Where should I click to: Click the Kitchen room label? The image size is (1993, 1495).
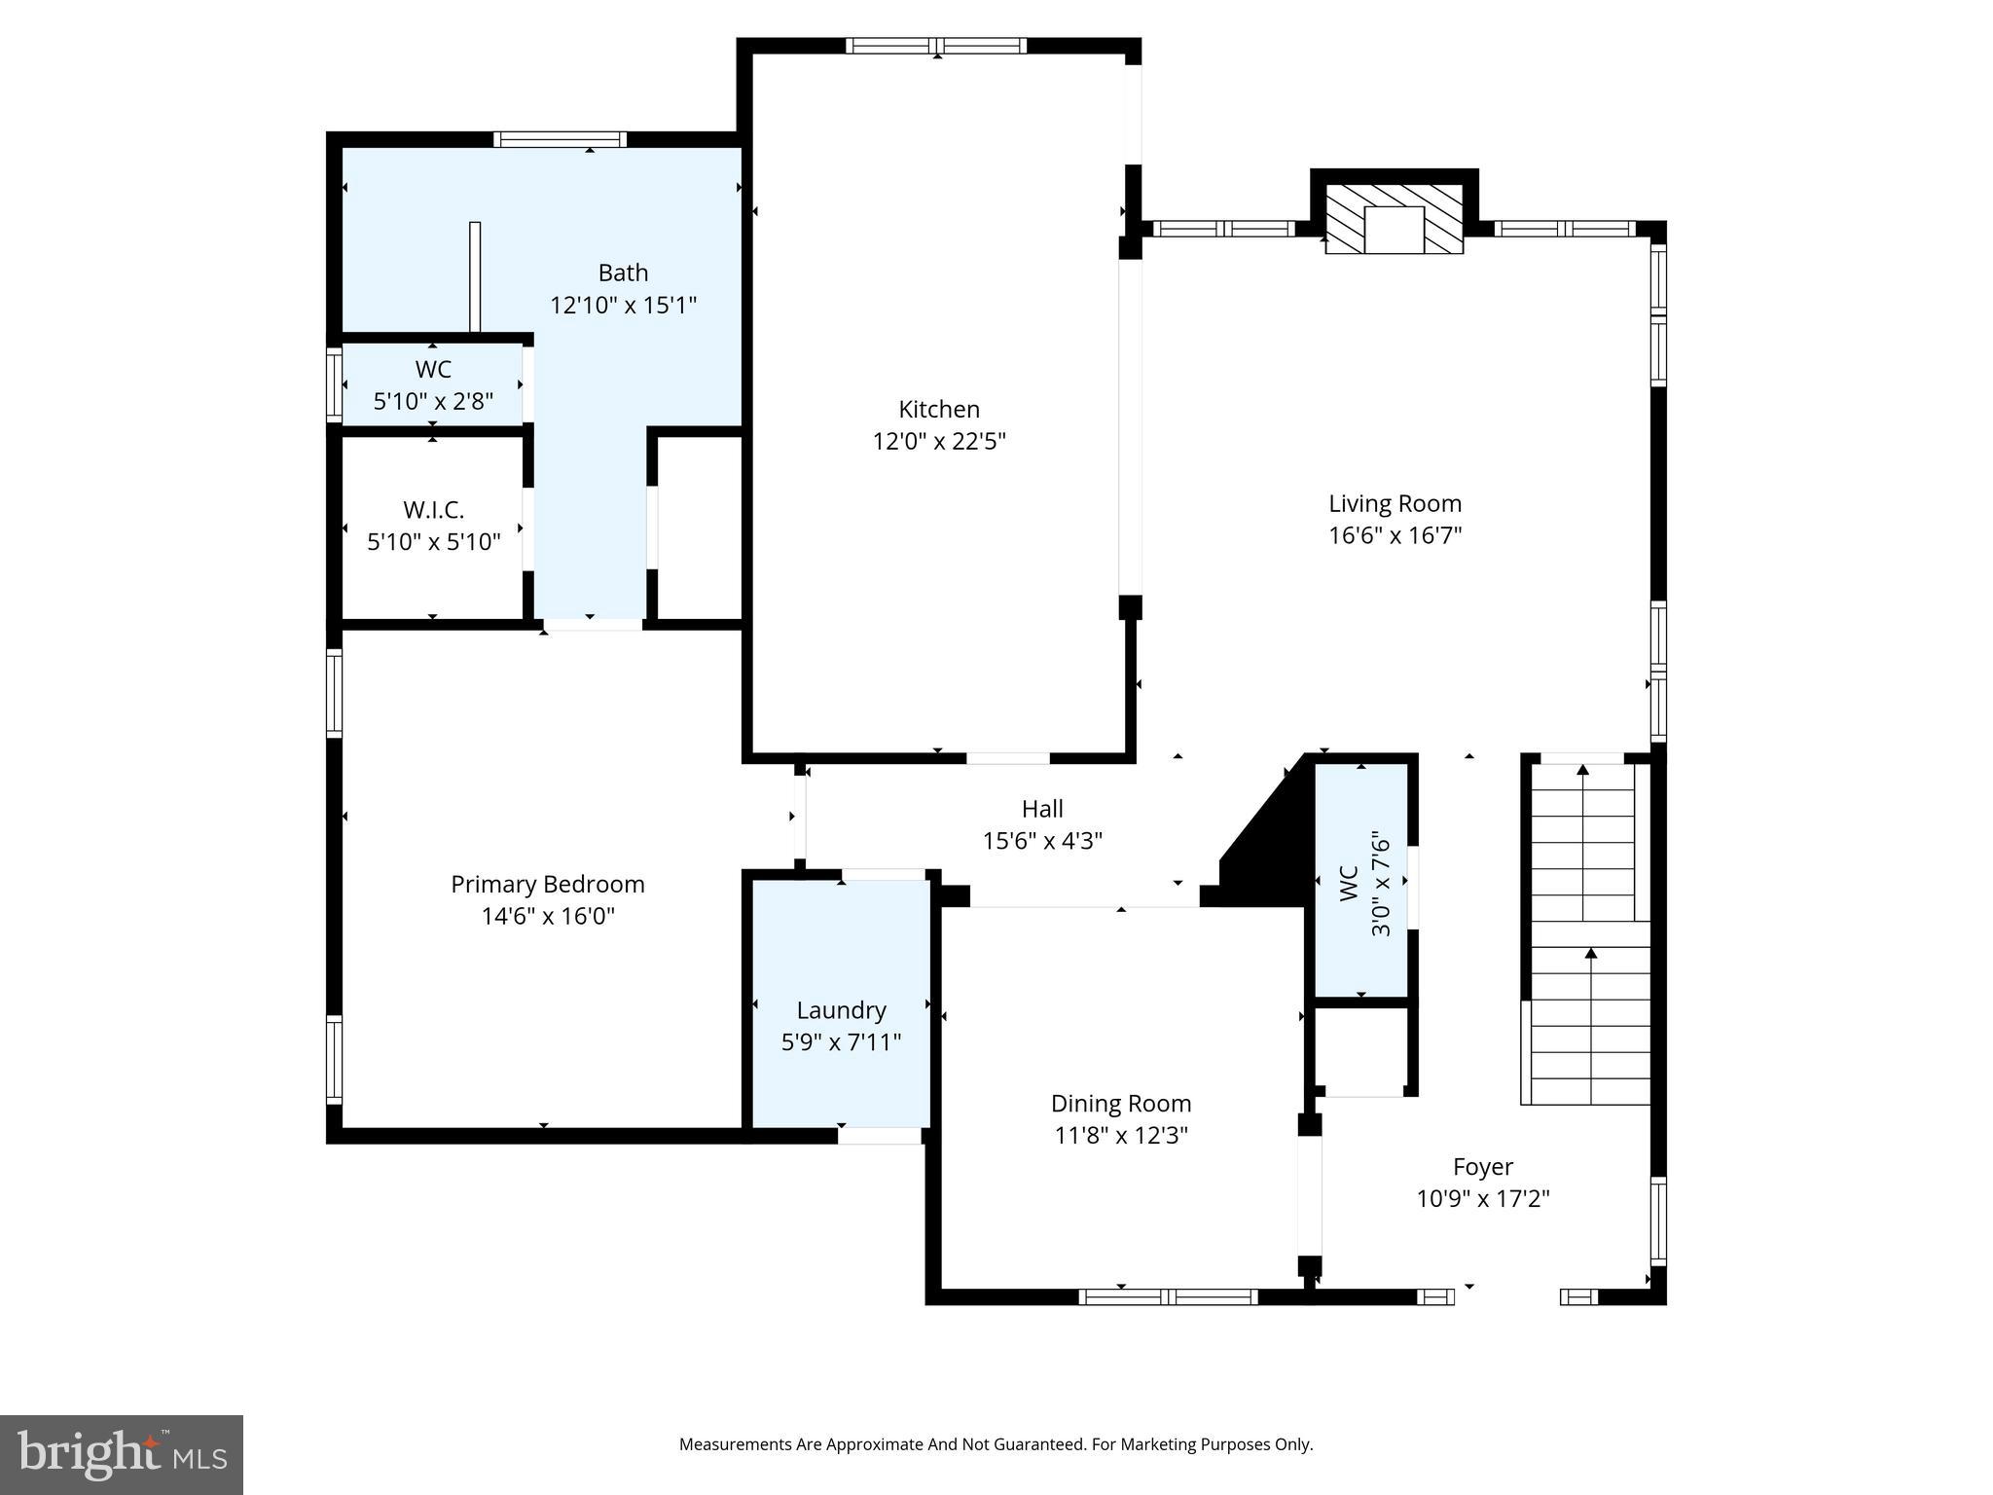(938, 409)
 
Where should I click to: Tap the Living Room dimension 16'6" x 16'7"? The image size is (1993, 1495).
(1395, 535)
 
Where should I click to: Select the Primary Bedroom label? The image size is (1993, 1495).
(547, 884)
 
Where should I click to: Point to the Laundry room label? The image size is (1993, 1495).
(841, 1010)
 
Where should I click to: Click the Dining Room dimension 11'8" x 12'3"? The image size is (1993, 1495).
(1120, 1135)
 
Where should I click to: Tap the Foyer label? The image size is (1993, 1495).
(1482, 1166)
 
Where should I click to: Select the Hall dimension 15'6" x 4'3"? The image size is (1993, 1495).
(1041, 840)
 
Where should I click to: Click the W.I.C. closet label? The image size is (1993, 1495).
(433, 509)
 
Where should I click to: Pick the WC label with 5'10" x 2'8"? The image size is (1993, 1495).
(433, 370)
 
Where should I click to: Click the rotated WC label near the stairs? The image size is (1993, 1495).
(1349, 883)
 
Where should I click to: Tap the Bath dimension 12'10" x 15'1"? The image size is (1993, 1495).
(623, 306)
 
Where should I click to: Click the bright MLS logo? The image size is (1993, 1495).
(122, 1455)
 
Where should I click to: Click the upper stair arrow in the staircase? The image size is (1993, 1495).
(1582, 779)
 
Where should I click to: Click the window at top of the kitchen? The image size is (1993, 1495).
(935, 45)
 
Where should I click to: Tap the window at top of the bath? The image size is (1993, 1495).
(560, 139)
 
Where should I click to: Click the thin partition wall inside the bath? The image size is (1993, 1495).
(475, 276)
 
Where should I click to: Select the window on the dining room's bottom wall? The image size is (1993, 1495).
(1168, 1296)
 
